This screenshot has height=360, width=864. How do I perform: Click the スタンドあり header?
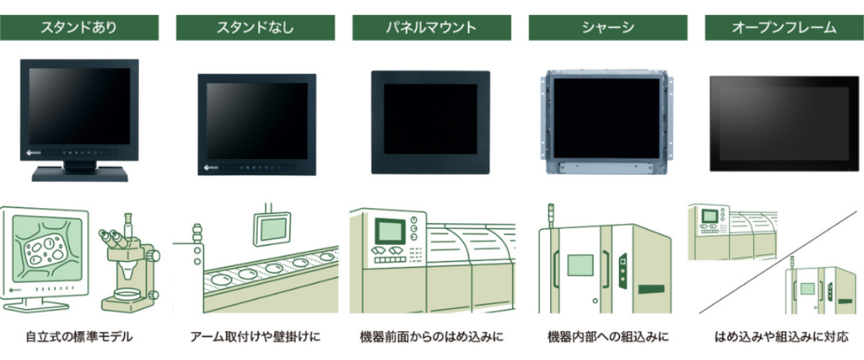(78, 28)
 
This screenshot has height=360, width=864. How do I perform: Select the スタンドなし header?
(255, 28)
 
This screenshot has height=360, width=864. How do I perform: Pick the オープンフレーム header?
(783, 28)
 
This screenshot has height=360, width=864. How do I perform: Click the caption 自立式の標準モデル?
(79, 336)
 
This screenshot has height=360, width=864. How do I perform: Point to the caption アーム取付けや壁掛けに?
(255, 336)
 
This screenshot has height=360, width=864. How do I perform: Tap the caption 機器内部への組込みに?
(608, 336)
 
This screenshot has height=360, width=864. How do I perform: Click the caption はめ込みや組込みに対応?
(783, 336)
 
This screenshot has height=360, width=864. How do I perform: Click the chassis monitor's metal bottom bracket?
(608, 166)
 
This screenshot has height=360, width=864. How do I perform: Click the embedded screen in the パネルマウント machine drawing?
(390, 230)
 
